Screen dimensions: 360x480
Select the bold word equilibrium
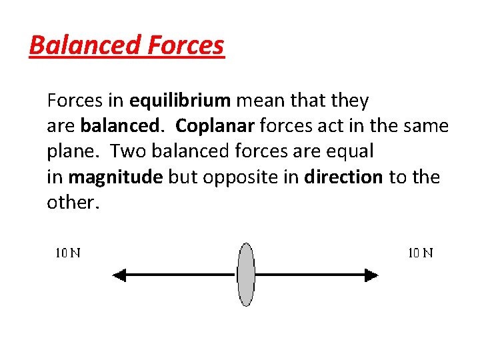tap(180, 101)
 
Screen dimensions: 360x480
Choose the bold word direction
tap(344, 177)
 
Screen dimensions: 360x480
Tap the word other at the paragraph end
tap(72, 203)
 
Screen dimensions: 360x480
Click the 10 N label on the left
tap(67, 253)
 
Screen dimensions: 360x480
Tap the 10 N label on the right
tap(420, 253)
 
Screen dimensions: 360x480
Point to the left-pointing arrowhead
tap(119, 275)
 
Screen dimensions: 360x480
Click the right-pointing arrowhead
tap(371, 275)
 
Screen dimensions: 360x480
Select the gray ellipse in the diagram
tap(246, 275)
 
